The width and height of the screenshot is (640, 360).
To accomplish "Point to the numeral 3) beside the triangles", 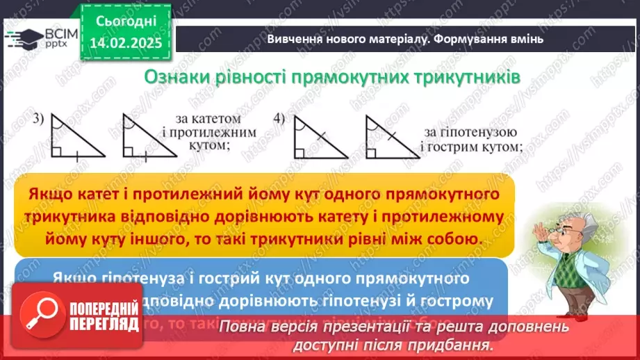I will tap(38, 120).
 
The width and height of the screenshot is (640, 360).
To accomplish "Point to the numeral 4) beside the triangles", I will tap(279, 120).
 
